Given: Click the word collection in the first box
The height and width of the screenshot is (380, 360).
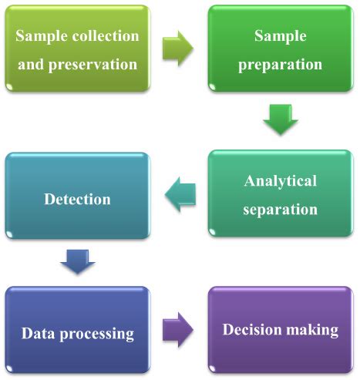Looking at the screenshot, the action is point(106,35).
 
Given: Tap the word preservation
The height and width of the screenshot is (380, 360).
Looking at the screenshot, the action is point(93,65).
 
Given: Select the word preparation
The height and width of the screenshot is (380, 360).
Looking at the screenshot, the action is point(280,65).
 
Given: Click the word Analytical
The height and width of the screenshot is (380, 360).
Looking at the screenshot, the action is point(281,182).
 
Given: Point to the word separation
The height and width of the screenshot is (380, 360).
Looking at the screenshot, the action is point(280,210).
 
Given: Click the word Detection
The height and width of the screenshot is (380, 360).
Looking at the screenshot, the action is point(77,199).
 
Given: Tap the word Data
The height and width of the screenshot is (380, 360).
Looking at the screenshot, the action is point(38,333).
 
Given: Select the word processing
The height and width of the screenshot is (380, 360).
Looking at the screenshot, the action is point(97,335).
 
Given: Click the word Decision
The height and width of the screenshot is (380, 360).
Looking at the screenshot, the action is point(252,329).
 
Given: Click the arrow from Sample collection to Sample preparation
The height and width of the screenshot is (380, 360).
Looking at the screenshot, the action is point(177,49).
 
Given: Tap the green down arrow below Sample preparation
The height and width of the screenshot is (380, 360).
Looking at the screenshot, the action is point(281,119).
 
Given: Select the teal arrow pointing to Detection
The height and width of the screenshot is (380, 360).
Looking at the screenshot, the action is point(180,194).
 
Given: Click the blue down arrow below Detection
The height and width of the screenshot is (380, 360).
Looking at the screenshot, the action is point(78,261).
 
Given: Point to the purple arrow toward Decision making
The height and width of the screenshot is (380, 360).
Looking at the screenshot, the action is point(177,330).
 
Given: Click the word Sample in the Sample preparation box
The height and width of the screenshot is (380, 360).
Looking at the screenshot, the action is point(281,37).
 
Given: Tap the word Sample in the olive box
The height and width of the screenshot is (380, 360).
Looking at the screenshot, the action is point(42,37).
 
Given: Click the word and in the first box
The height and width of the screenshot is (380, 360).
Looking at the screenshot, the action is point(31,64).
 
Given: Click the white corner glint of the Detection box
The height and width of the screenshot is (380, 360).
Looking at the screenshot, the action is point(9,234).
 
